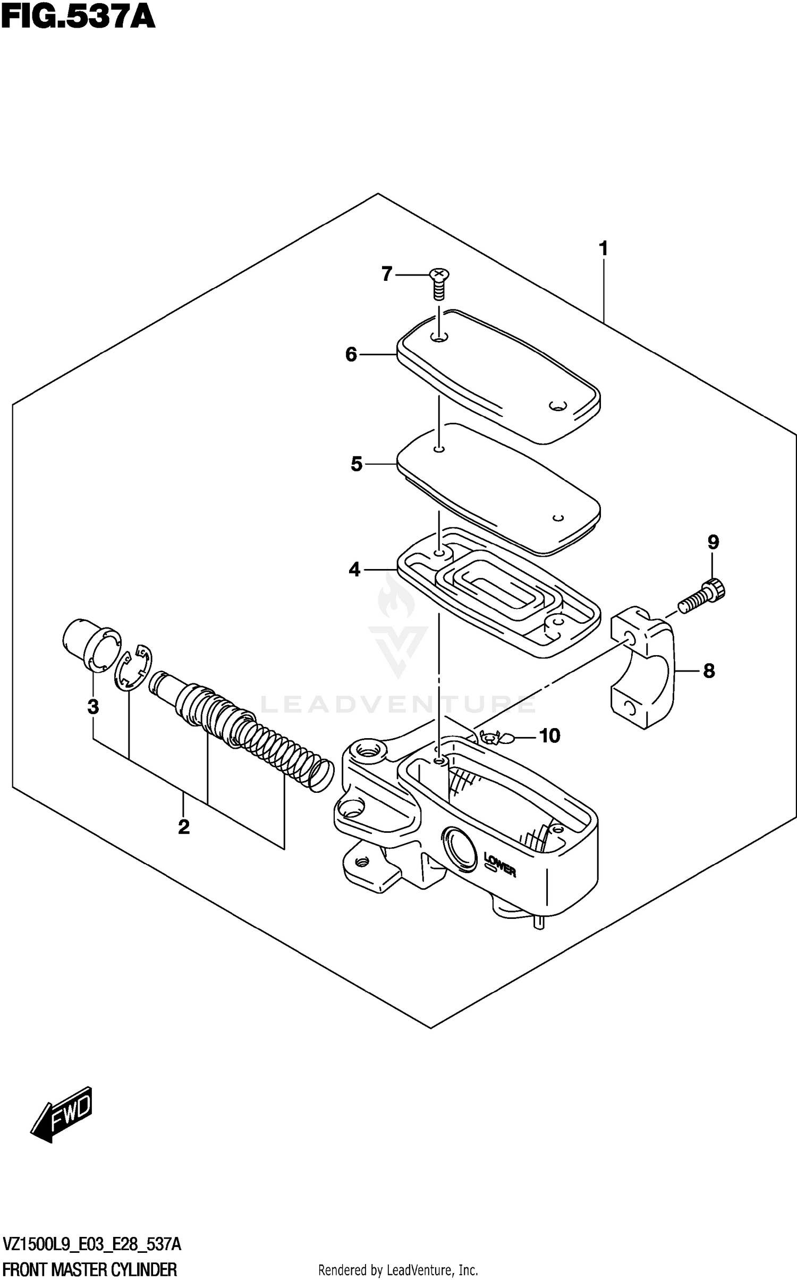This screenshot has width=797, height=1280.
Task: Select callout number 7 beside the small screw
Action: pos(387,274)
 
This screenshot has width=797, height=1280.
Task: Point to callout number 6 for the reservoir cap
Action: pos(351,355)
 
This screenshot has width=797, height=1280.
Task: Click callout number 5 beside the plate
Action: pos(356,464)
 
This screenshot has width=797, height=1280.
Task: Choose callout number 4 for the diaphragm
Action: pos(354,570)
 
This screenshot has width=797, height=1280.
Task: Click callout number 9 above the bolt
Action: pos(713,542)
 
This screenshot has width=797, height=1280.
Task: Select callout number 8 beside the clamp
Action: pos(709,672)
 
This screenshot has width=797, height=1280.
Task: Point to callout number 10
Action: pos(549,736)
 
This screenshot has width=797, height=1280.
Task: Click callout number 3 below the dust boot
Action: pos(93,707)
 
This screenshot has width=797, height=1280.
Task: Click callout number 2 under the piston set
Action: pos(183,827)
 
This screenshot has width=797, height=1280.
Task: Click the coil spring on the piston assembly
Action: pos(287,744)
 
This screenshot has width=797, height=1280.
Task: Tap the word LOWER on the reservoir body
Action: pos(499,864)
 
